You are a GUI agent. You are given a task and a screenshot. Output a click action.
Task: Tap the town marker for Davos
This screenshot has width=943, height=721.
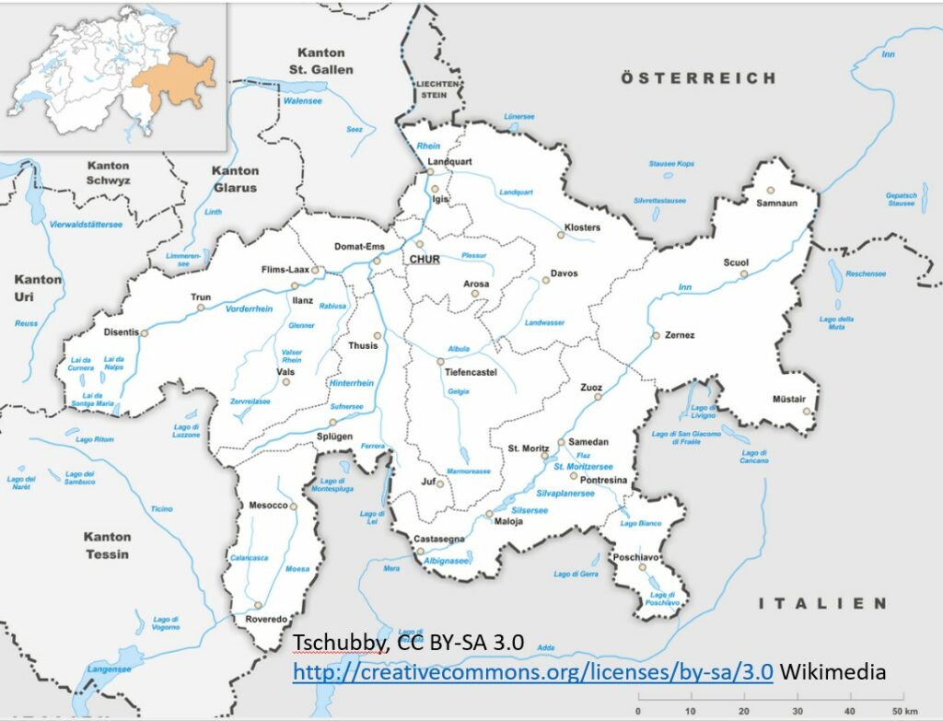(x=545, y=280)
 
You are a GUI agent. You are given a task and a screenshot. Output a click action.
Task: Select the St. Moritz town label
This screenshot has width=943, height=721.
(x=527, y=448)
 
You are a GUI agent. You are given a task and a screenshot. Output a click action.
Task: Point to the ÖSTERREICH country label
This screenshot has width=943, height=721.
(x=698, y=78)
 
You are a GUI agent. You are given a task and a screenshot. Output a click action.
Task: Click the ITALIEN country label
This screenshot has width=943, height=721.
(x=821, y=603)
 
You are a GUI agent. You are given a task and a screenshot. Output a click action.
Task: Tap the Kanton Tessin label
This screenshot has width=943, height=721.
(x=107, y=545)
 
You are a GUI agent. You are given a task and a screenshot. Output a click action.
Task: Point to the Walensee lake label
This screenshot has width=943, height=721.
(x=304, y=101)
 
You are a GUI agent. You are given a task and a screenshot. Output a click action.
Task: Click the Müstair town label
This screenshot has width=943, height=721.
(x=790, y=399)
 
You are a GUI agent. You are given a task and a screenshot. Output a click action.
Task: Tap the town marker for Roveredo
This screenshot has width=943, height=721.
(x=260, y=605)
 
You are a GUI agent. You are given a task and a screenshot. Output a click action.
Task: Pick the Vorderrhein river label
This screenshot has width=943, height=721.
(x=249, y=309)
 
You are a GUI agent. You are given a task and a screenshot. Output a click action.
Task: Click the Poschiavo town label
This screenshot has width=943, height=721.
(x=634, y=556)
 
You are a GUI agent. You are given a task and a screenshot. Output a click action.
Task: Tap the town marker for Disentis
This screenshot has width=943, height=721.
(x=144, y=333)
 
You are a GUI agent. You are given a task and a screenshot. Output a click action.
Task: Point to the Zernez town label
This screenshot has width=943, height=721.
(x=680, y=335)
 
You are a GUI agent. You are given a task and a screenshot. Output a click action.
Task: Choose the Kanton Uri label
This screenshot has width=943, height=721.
(x=39, y=287)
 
